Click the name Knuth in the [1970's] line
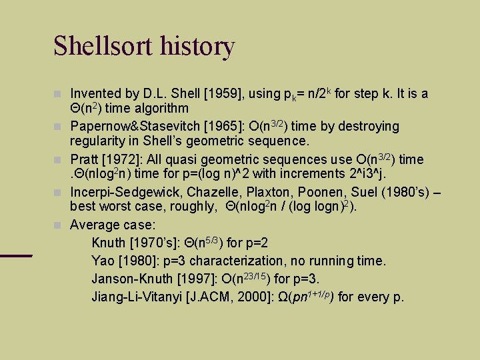point(109,242)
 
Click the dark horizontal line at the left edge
point(16,255)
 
